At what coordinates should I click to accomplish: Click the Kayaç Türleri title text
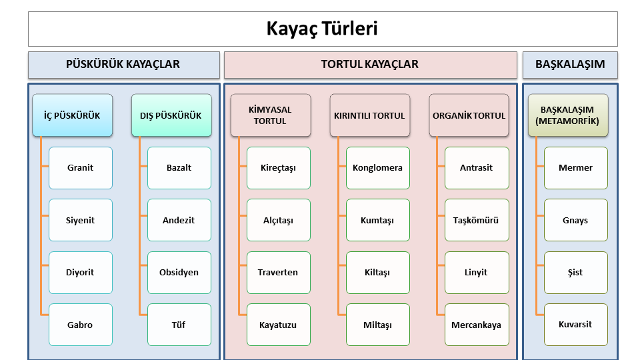[322, 29]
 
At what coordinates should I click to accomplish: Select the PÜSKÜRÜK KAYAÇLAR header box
[124, 65]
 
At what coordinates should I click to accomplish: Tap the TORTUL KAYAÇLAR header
[370, 65]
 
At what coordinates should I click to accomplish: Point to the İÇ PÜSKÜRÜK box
[72, 115]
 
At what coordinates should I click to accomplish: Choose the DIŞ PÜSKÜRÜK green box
[171, 115]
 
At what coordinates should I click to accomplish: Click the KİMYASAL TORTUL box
[271, 115]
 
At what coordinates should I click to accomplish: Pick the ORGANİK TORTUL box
[469, 115]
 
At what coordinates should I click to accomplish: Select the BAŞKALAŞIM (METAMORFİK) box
[568, 115]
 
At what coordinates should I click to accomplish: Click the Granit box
[81, 168]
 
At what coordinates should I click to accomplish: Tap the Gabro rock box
[81, 325]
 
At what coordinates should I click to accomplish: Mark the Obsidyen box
[179, 273]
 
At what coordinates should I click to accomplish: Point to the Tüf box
[179, 325]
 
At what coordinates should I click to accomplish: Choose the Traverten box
[279, 273]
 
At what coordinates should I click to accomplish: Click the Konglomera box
[377, 168]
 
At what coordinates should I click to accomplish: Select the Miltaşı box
[377, 325]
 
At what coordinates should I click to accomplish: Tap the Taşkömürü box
[477, 220]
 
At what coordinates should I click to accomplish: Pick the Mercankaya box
[477, 325]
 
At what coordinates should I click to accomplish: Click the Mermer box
[576, 168]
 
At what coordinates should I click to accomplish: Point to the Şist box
[576, 273]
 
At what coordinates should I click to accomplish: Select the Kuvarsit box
[576, 325]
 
